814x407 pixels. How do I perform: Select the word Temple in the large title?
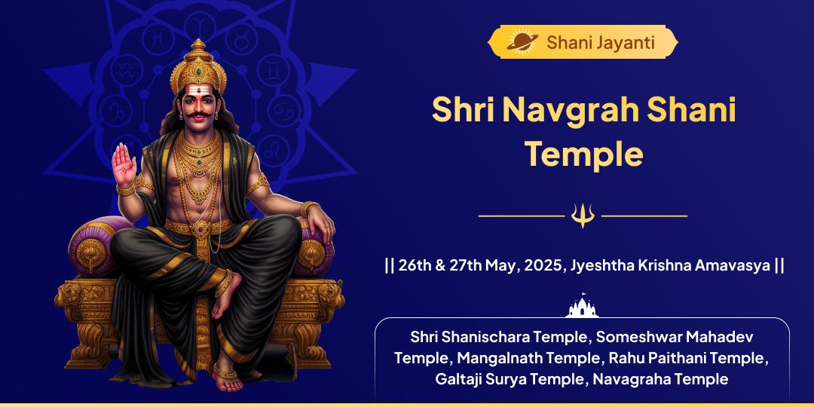coord(584,153)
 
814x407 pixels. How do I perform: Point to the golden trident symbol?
coord(583,216)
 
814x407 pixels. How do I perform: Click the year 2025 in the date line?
coord(543,265)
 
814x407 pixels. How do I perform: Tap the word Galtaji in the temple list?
coord(461,378)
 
